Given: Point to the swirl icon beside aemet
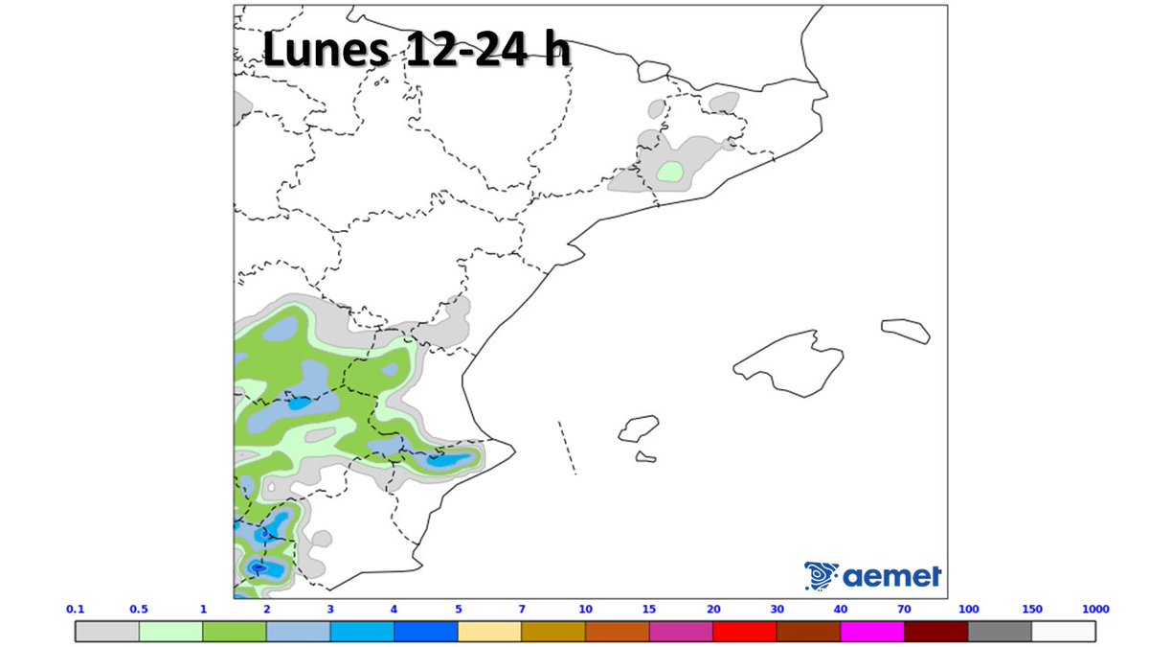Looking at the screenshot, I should click(x=821, y=574).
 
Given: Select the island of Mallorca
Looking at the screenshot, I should click(x=790, y=364).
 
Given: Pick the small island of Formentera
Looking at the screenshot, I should click(x=645, y=456).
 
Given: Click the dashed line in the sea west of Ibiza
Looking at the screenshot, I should click(x=567, y=447).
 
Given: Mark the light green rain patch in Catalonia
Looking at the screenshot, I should click(x=670, y=173).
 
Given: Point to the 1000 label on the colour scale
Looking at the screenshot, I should click(x=1095, y=609).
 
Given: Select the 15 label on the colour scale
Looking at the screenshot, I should click(x=649, y=609).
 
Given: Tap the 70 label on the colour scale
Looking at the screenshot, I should click(x=904, y=609).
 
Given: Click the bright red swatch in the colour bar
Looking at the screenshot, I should click(x=744, y=632).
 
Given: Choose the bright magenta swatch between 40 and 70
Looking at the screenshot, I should click(x=872, y=632).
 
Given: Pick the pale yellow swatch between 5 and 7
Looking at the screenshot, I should click(x=489, y=632).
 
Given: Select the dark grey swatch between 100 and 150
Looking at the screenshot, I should click(x=1000, y=632).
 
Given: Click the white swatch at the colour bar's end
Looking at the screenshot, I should click(x=1064, y=632).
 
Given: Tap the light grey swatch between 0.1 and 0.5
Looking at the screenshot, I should click(x=107, y=632).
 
